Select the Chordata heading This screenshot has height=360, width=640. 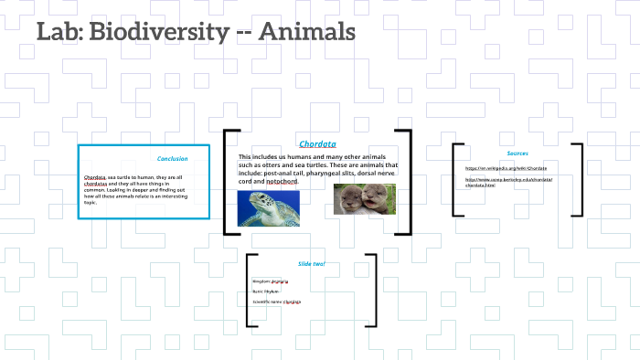click(317, 143)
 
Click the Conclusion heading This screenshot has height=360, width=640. click(172, 158)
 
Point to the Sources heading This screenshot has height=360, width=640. click(517, 153)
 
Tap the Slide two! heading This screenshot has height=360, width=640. click(312, 264)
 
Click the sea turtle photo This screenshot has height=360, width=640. click(268, 206)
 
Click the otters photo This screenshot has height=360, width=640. click(365, 199)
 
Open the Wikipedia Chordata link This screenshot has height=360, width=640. click(506, 168)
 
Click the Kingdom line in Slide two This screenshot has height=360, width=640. click(270, 281)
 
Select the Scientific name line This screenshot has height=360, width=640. click(276, 301)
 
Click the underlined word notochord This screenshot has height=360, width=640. click(282, 181)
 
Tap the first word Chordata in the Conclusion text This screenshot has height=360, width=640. click(94, 176)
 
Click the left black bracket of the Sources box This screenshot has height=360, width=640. click(455, 179)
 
